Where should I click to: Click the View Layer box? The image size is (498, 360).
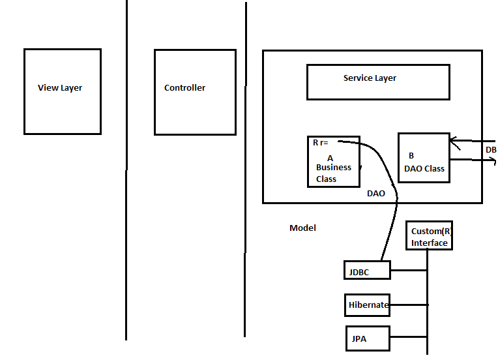pos(62,91)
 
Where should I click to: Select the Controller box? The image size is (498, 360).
pos(194,92)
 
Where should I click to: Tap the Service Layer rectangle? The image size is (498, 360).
pos(377,82)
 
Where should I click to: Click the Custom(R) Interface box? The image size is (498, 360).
pos(428,235)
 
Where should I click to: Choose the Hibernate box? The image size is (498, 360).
pos(367,305)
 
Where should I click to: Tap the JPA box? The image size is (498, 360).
pos(367,339)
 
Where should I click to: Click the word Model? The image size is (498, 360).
pos(302,228)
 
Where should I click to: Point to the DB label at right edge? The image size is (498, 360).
pos(491,150)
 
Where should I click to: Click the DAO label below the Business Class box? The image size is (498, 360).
pos(375,194)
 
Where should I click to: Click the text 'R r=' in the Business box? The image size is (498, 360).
pos(321,142)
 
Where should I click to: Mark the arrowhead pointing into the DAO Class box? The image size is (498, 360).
pos(454,140)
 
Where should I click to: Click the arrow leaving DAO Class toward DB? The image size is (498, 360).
pos(473,159)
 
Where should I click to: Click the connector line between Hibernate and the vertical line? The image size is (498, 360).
pos(409,305)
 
